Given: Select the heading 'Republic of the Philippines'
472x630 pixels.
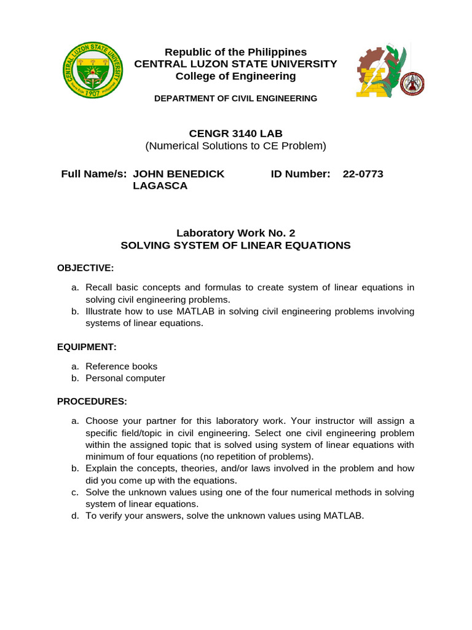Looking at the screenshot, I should coord(236,52).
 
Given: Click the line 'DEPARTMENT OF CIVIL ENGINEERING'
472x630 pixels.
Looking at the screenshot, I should coord(236,98).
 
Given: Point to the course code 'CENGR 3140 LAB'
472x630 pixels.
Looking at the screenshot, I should coord(235,134).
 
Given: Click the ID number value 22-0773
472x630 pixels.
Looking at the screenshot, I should coord(363,174).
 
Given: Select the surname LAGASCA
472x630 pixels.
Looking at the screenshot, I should coord(160,186).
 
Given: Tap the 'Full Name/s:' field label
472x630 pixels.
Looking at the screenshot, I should coord(94,174).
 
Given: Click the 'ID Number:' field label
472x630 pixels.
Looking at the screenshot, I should coord(301,174).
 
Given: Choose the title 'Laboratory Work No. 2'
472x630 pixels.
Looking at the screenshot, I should coord(236,233).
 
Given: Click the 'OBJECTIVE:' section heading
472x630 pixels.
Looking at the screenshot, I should coord(85,268).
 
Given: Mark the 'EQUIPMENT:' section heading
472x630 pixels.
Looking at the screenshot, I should coord(87,347).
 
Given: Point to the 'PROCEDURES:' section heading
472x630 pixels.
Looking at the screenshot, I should coord(92,401).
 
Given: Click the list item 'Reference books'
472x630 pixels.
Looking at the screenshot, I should coord(121,367).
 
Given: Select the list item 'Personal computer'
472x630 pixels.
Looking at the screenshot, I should coord(125,378).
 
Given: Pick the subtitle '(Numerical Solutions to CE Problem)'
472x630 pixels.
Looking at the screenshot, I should coord(235,146).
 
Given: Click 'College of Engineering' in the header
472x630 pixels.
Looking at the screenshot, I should coord(236,76).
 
